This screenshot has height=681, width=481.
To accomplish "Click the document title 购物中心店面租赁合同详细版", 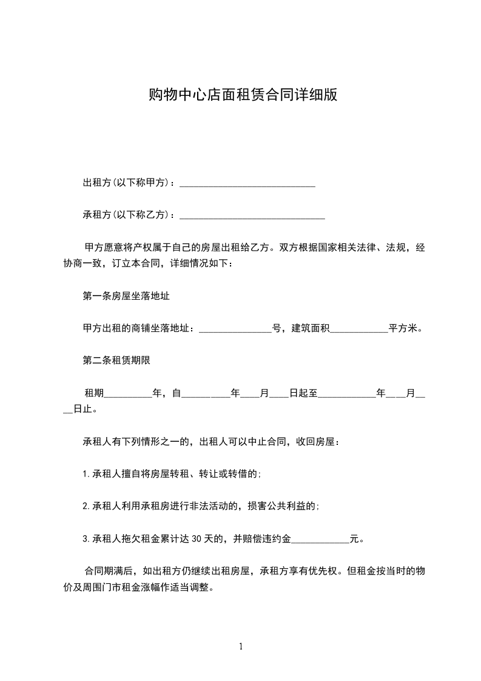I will pyautogui.click(x=243, y=95).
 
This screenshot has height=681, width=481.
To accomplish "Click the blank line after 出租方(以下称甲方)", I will pyautogui.click(x=247, y=183).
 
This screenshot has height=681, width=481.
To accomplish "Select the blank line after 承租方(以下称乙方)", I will pyautogui.click(x=252, y=215).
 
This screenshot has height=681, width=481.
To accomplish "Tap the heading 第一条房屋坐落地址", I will pyautogui.click(x=126, y=296).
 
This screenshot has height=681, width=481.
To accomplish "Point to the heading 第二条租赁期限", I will pyautogui.click(x=116, y=361).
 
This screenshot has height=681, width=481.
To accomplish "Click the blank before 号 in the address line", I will pyautogui.click(x=235, y=329).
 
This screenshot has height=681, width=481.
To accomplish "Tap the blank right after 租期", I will pyautogui.click(x=129, y=393).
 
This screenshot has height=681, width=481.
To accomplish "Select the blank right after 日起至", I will pyautogui.click(x=347, y=393).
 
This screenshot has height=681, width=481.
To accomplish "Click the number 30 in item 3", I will pyautogui.click(x=197, y=538).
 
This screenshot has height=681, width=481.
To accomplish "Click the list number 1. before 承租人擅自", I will pyautogui.click(x=86, y=473).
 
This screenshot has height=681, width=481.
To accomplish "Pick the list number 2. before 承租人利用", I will pyautogui.click(x=86, y=506).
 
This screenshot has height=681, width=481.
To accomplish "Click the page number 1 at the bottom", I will pyautogui.click(x=241, y=646).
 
